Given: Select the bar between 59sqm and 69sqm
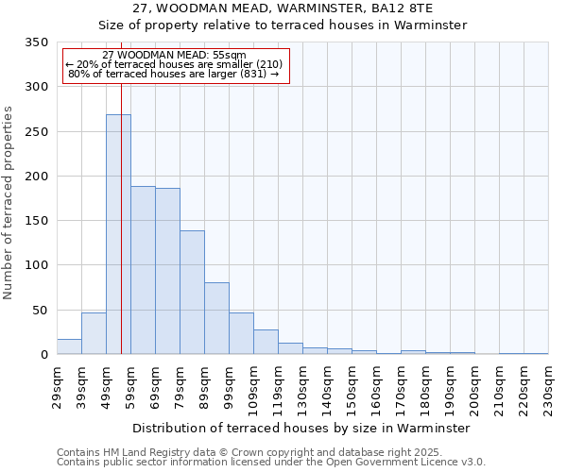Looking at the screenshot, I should click(143, 270).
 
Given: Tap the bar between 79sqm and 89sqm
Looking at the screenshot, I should click(192, 292).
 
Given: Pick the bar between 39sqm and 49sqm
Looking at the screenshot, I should click(94, 333).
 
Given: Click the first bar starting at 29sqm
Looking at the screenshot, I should click(69, 346).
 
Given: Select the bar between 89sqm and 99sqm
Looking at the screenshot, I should click(216, 318).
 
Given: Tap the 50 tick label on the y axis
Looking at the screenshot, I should click(40, 310).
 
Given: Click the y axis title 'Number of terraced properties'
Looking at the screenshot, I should click(9, 202).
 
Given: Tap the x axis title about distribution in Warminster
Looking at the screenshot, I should click(301, 428).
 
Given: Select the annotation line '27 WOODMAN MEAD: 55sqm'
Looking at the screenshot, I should click(174, 56).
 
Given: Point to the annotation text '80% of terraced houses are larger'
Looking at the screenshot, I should click(174, 74).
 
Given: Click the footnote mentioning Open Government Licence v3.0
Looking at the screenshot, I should click(271, 463).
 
